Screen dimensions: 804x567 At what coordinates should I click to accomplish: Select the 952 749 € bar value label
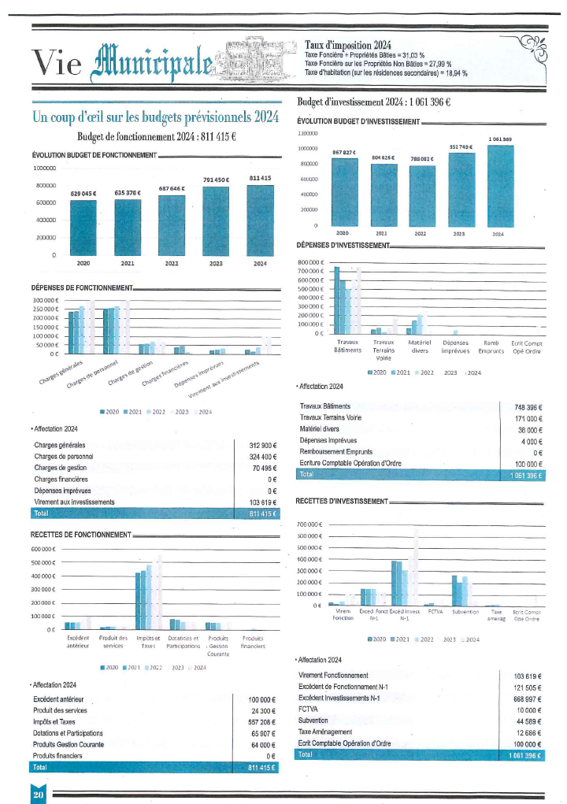461,147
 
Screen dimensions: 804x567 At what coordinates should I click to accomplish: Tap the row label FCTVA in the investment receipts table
308,709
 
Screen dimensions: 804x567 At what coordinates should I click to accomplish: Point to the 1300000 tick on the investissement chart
307,134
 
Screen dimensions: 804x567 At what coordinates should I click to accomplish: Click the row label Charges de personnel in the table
64,456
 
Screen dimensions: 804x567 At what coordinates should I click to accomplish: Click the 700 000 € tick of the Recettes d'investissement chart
308,524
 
